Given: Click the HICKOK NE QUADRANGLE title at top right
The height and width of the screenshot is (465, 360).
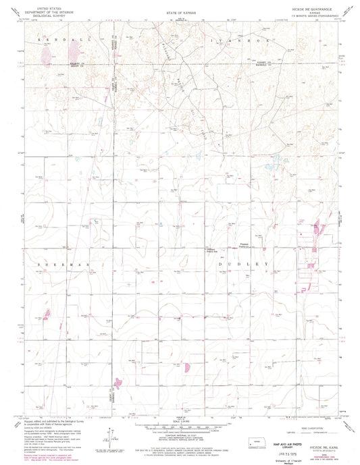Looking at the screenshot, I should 313,13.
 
